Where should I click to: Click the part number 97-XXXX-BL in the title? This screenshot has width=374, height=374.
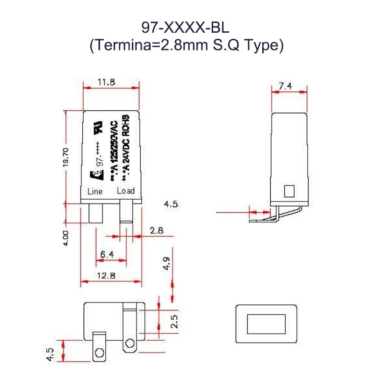(x=186, y=28)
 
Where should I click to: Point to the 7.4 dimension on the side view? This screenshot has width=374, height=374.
(x=285, y=86)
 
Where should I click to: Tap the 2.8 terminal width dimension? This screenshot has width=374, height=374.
(x=156, y=230)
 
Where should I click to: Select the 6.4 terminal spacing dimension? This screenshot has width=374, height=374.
(x=107, y=255)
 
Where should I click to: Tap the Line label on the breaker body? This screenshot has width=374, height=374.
(x=95, y=191)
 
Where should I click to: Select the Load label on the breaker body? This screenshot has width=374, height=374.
(x=125, y=191)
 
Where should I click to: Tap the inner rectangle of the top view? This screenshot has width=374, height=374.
(x=266, y=324)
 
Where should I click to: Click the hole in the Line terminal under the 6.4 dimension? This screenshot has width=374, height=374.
(x=99, y=352)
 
